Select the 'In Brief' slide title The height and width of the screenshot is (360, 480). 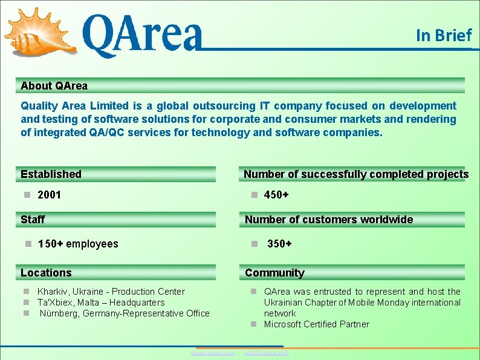(x=443, y=36)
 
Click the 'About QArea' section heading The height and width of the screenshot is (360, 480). (x=54, y=86)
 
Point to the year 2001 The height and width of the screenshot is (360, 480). (x=49, y=195)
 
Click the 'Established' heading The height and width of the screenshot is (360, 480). (x=51, y=174)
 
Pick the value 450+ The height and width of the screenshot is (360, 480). (x=276, y=195)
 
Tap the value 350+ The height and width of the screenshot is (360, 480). (x=279, y=244)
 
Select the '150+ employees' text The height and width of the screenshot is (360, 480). (x=78, y=244)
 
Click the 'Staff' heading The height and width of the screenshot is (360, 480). (x=33, y=220)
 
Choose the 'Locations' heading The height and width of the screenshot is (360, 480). (x=46, y=273)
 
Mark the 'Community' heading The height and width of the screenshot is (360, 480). (x=274, y=273)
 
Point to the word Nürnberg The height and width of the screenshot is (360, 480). (x=59, y=313)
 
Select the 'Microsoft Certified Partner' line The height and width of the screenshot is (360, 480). (x=316, y=324)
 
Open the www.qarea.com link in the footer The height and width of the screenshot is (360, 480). (x=212, y=353)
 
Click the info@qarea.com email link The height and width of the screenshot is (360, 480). (x=266, y=353)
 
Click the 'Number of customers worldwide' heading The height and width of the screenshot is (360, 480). (x=328, y=220)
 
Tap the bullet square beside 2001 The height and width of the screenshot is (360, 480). (x=27, y=195)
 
